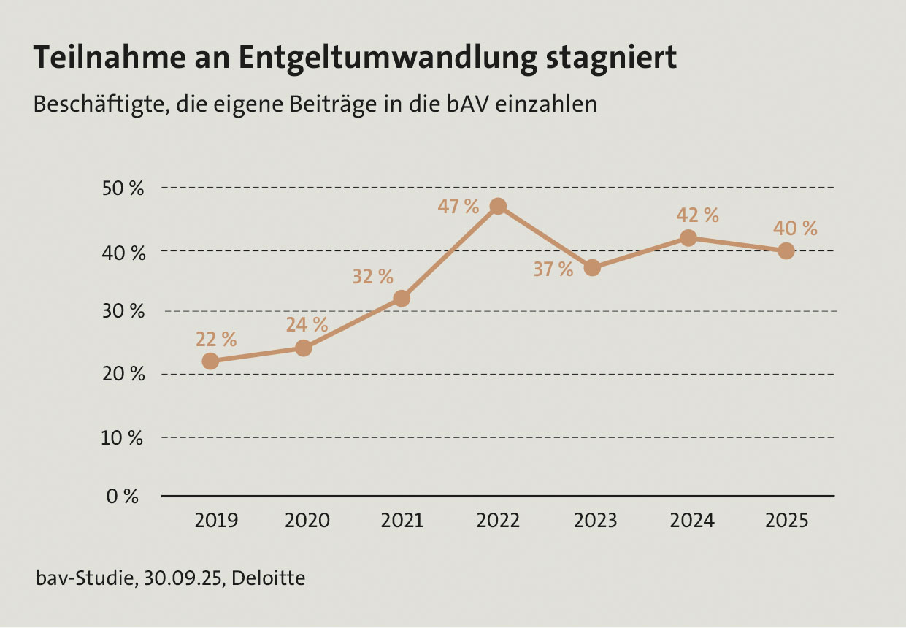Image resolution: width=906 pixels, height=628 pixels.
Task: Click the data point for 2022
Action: tap(498, 206)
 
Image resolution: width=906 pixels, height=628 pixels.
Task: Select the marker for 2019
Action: tap(210, 361)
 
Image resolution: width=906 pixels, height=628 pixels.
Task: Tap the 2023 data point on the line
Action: tap(592, 268)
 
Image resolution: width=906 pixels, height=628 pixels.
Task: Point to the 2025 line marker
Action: tap(786, 250)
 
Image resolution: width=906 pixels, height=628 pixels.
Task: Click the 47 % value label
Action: tap(458, 207)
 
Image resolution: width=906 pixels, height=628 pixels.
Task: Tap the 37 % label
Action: tap(553, 269)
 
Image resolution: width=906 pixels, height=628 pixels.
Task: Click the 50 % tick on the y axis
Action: tap(122, 188)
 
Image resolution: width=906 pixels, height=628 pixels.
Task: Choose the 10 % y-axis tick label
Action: tap(122, 438)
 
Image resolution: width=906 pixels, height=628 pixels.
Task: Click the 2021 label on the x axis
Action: tap(403, 521)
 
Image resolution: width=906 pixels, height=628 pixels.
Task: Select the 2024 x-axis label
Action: tap(692, 521)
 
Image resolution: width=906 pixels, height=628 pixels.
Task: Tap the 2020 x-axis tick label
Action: tap(307, 521)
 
